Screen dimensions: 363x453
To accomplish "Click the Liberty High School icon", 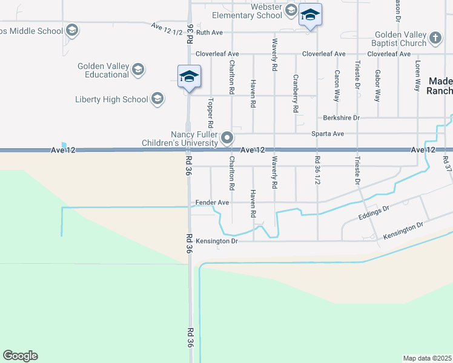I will coord(157,99).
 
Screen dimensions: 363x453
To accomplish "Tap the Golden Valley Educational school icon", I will coord(138,70).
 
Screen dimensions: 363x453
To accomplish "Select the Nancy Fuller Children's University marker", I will coord(228,138).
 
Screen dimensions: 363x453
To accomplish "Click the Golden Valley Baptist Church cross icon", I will coord(435,39).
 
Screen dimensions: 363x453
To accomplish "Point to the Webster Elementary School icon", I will coord(291,10).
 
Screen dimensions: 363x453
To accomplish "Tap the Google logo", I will coord(20,356).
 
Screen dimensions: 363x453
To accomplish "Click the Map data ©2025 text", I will coord(427,358).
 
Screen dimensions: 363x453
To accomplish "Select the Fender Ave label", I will coord(212,202).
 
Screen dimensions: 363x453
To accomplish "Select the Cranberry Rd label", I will coord(296,93).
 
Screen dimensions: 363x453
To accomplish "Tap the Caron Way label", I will coord(337,85).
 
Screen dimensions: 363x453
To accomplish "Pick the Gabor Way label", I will coord(377,85).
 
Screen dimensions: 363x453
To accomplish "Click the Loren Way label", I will coord(417,76).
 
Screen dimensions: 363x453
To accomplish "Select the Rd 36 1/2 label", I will coord(317,171).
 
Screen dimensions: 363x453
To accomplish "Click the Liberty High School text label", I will coord(111,99).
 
